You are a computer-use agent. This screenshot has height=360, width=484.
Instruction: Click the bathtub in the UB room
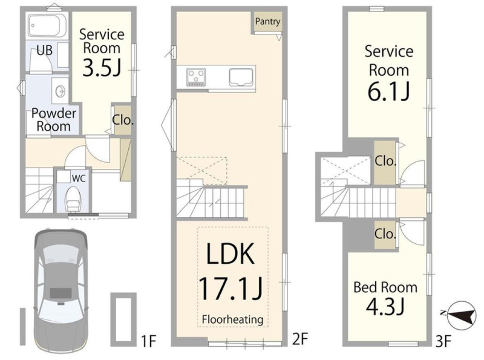48,25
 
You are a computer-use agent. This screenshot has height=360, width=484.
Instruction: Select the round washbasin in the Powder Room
60,91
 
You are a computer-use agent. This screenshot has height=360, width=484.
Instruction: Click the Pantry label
267,22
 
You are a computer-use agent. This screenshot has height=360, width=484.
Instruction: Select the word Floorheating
233,319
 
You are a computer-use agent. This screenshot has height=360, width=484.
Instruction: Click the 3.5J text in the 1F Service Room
102,67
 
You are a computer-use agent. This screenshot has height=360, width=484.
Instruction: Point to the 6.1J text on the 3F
388,91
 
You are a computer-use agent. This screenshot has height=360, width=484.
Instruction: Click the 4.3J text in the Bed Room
385,306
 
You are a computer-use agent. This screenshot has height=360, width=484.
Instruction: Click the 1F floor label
148,341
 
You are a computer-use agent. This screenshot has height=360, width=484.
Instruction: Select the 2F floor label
300,339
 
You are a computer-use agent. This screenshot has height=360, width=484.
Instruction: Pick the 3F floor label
443,341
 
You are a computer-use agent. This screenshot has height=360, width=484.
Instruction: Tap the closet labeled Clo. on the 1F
123,120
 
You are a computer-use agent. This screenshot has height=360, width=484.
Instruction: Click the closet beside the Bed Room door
385,235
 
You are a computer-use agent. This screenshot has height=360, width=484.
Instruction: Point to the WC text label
79,178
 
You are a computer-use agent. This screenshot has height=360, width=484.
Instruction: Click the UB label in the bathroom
44,50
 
